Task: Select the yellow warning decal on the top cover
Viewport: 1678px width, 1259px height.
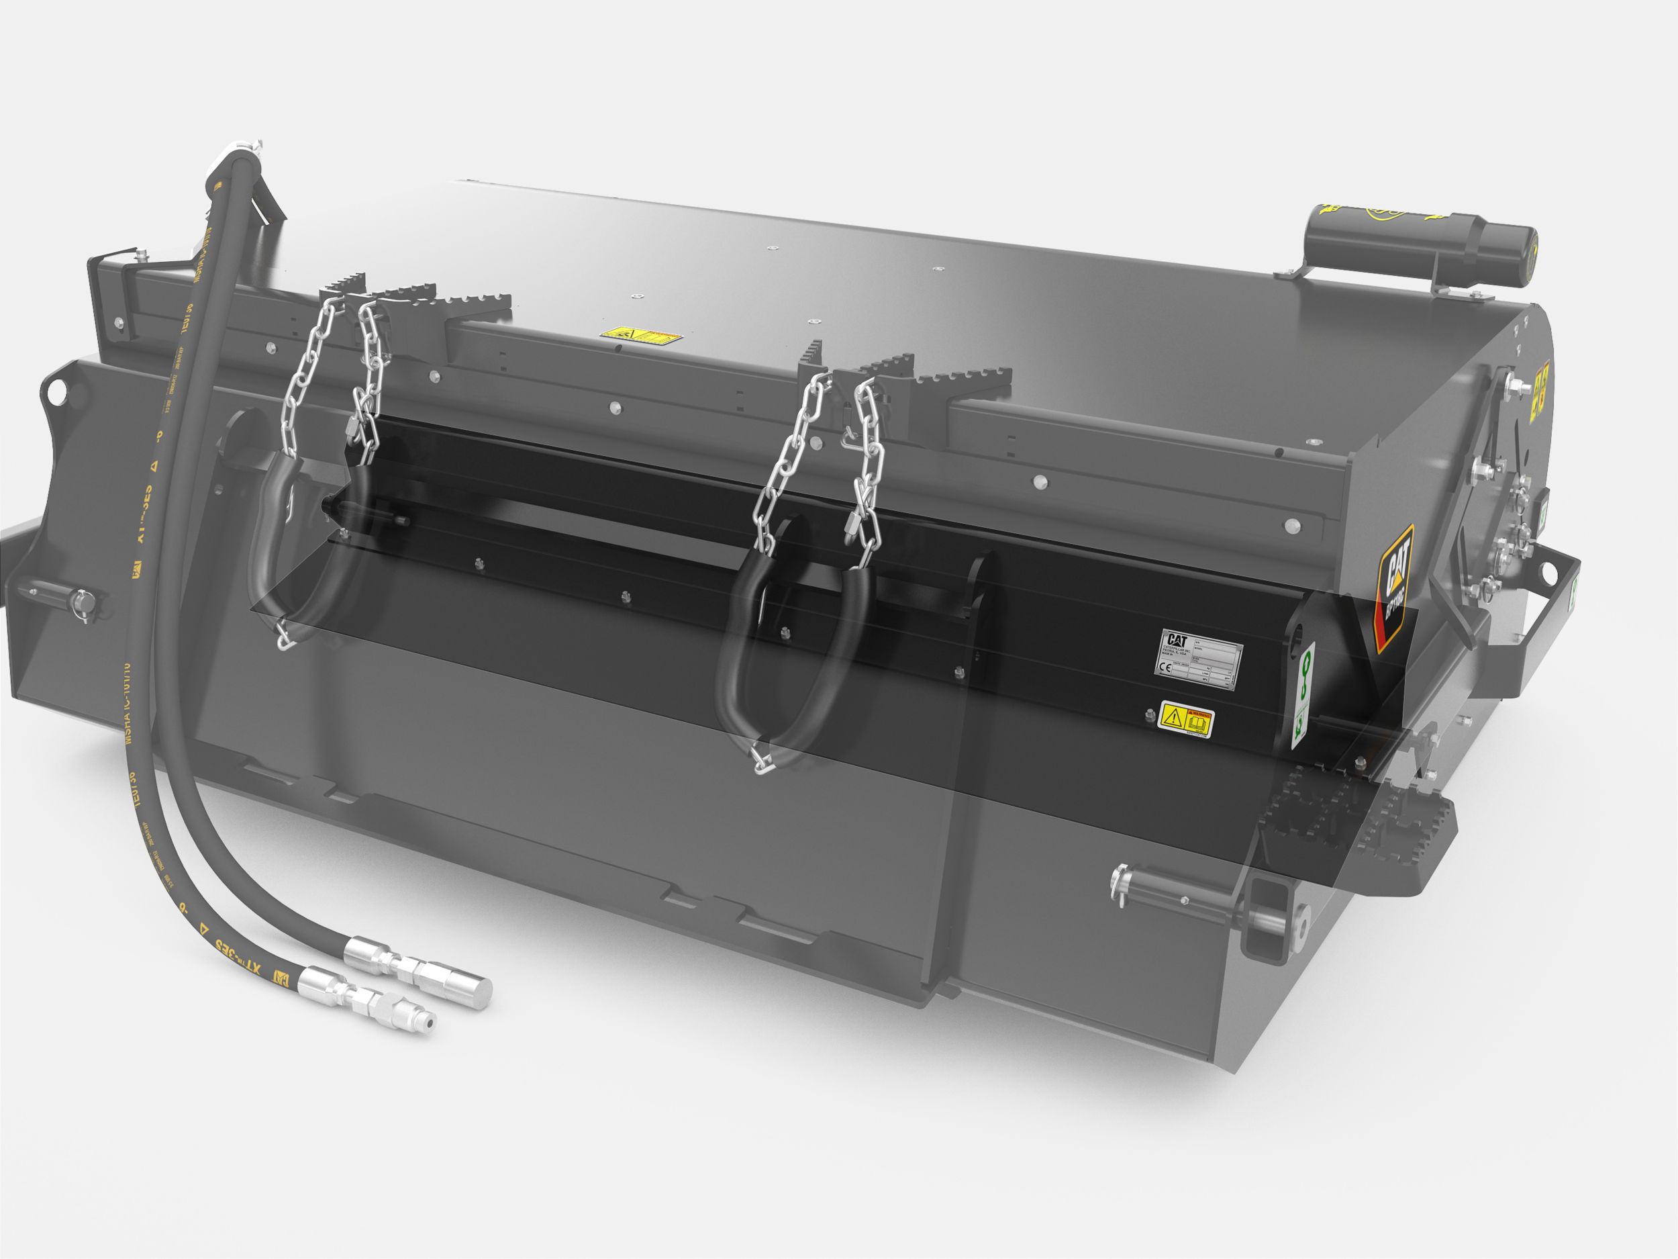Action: [x=640, y=336]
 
